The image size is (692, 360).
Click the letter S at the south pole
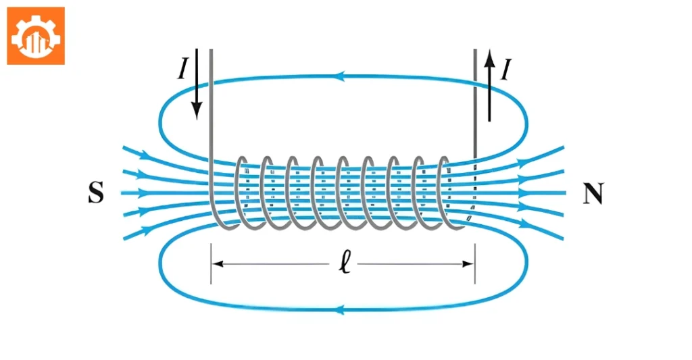click(x=96, y=192)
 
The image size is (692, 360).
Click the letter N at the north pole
click(x=593, y=194)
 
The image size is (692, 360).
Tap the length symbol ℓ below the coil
click(x=345, y=263)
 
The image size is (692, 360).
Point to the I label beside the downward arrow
click(x=182, y=69)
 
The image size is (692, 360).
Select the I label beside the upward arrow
click(x=505, y=70)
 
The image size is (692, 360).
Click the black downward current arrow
click(x=197, y=84)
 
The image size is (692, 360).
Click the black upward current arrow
click(x=489, y=86)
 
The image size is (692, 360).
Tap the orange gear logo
click(x=36, y=36)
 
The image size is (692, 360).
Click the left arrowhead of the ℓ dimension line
click(x=218, y=264)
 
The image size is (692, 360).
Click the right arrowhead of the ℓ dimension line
click(x=468, y=264)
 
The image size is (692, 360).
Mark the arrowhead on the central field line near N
click(x=524, y=192)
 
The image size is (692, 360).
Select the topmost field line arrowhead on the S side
click(x=145, y=155)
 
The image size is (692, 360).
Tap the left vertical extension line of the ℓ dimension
click(x=211, y=263)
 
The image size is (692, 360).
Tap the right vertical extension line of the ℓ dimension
click(x=475, y=263)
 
